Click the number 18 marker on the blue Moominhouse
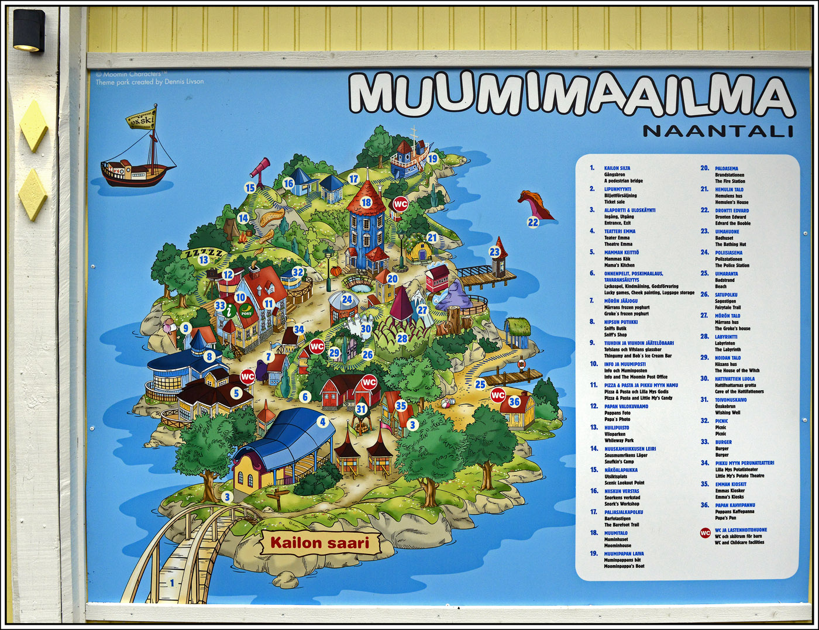tap(366, 202)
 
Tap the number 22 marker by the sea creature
tap(532, 222)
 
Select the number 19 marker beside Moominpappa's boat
tap(432, 158)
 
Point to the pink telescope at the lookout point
tap(259, 167)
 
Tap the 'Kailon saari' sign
tap(320, 543)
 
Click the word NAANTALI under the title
tap(718, 131)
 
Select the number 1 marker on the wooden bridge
tap(172, 583)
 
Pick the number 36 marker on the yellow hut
tap(514, 402)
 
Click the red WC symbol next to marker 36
tap(497, 395)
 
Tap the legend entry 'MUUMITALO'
tap(616, 533)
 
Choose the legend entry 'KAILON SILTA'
tap(617, 168)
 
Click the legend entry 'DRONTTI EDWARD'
tap(732, 210)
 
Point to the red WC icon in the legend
tap(706, 533)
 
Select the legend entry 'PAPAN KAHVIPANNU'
tap(735, 505)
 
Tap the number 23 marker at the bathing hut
tap(495, 252)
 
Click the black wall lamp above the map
tap(29, 30)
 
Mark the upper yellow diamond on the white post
tap(33, 125)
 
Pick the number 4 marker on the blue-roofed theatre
tap(322, 421)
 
